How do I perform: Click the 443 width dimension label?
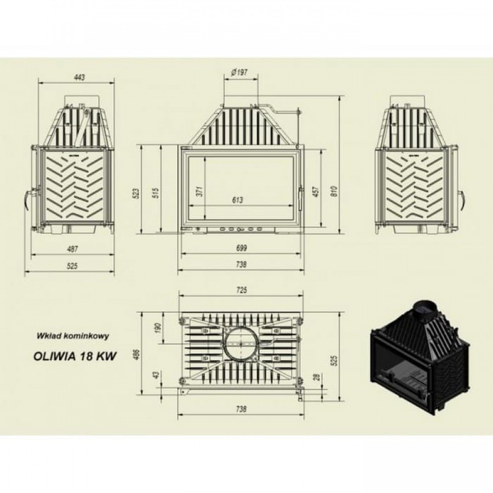80,77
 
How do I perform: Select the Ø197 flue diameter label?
239,73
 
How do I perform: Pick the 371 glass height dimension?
200,191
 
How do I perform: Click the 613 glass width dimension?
238,200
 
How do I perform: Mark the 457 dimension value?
316,192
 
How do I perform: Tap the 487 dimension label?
72,249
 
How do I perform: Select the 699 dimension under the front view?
241,248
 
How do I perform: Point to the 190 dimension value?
158,328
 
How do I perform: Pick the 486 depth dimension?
136,354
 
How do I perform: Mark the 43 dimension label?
156,375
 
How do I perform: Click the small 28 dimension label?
317,377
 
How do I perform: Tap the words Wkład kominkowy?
73,335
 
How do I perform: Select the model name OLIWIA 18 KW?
75,357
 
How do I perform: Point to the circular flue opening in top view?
241,344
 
